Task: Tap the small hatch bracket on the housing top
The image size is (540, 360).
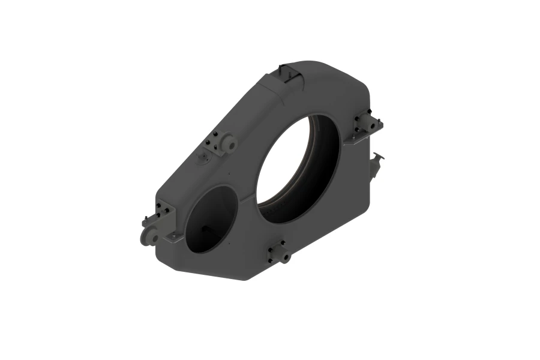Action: (x=290, y=73)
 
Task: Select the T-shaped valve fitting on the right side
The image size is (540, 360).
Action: (x=378, y=161)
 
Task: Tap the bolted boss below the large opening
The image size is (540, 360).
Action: (x=280, y=252)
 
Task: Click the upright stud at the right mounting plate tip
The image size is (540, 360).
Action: (x=379, y=123)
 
